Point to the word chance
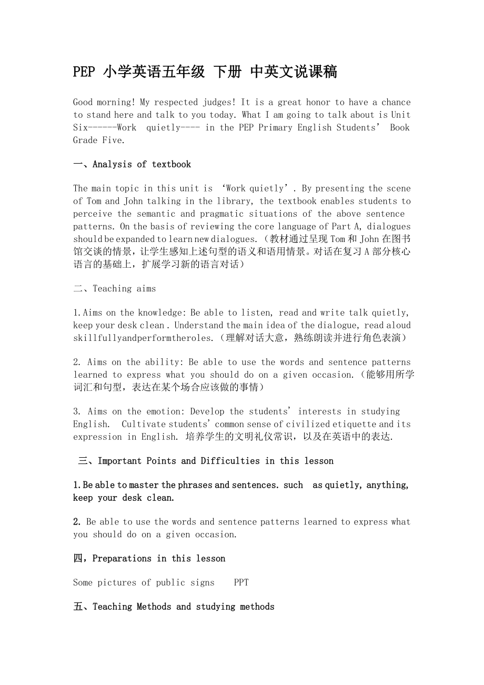pyautogui.click(x=396, y=102)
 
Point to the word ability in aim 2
pyautogui.click(x=163, y=362)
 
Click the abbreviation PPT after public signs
pyautogui.click(x=241, y=582)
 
